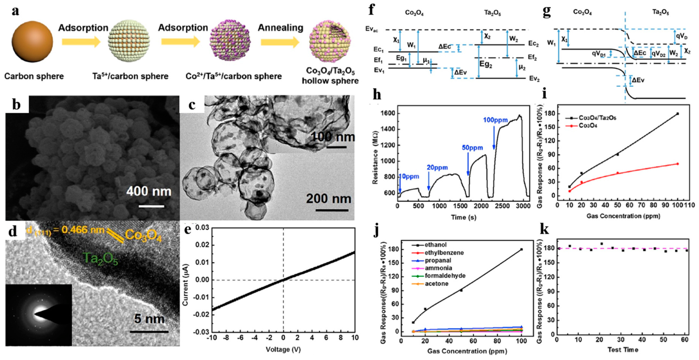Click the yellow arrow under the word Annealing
coord(280,42)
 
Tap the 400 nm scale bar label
coord(149,192)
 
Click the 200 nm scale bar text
coord(328,199)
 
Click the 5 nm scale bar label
coord(149,319)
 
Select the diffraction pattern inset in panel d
coord(39,315)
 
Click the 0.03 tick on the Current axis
coord(202,228)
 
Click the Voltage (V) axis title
coord(283,350)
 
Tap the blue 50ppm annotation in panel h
coord(472,148)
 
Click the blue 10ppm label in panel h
coord(409,176)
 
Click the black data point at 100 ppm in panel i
coord(678,114)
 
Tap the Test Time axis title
coord(623,350)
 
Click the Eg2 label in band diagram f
coord(485,65)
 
